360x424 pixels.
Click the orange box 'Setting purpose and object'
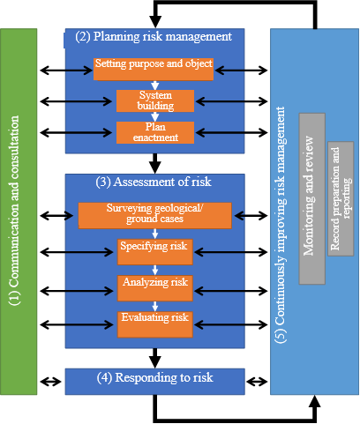tap(154, 69)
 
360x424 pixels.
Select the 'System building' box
tap(155, 100)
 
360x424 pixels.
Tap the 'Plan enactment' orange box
tap(155, 132)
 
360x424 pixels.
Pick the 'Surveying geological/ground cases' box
tap(155, 216)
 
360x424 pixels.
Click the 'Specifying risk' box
tap(155, 252)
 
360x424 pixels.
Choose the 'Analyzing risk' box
tap(155, 288)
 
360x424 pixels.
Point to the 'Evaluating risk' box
tap(155, 324)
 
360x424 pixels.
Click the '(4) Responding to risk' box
tap(155, 382)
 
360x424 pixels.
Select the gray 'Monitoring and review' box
tap(312, 198)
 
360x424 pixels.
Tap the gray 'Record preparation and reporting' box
tap(341, 198)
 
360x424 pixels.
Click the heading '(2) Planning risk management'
tap(154, 36)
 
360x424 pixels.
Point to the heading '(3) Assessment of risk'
tap(154, 182)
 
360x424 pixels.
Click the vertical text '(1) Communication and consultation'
tap(14, 211)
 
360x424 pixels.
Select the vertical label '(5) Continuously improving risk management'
tap(281, 225)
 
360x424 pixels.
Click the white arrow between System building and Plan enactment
tap(155, 116)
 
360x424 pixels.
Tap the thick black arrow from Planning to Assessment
tap(155, 163)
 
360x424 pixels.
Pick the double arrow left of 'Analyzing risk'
tap(77, 291)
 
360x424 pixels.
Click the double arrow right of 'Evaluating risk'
tap(231, 324)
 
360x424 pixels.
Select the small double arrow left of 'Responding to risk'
tap(50, 382)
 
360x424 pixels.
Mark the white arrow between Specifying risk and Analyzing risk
tap(155, 270)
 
